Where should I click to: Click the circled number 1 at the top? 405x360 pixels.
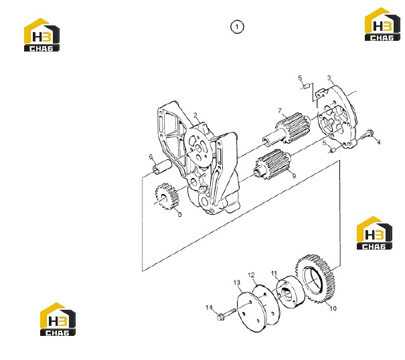237,27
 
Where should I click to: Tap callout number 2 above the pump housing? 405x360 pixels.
195,115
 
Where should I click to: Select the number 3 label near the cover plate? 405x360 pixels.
329,78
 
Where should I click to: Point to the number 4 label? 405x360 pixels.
379,142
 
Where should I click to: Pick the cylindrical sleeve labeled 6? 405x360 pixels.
162,167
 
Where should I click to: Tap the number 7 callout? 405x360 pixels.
280,110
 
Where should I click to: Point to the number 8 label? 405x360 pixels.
180,214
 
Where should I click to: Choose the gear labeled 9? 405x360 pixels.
273,164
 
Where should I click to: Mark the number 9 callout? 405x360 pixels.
294,176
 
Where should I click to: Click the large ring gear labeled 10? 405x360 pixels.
315,278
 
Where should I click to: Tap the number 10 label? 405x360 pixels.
333,308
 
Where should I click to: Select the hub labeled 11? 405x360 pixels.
291,292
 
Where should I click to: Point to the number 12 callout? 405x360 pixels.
251,275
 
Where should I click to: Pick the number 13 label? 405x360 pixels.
236,283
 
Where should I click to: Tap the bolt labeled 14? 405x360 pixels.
227,314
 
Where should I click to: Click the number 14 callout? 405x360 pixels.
209,308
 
